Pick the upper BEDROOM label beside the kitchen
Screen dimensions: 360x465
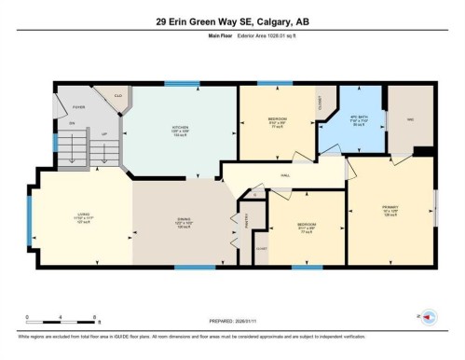278,119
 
